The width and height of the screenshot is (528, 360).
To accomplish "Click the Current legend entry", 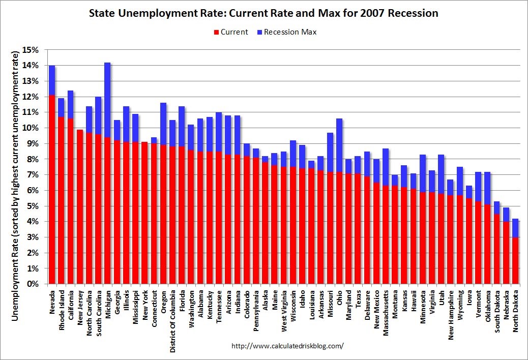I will point(231,32).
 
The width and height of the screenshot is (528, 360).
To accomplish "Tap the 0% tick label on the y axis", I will point(35,284).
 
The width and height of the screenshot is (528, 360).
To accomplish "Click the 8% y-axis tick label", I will point(35,159).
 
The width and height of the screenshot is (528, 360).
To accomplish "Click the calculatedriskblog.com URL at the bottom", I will point(287,346).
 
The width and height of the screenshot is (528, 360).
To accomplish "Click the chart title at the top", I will point(263,13).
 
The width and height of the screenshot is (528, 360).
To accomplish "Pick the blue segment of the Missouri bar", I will point(330,152).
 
